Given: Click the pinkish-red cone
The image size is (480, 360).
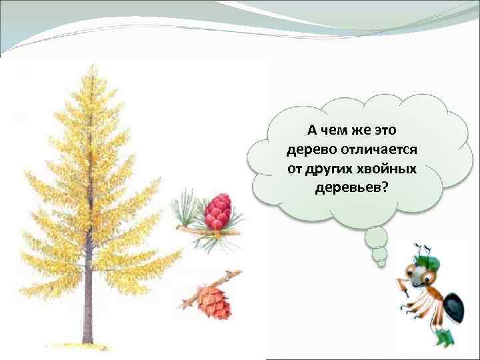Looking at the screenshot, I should click(217, 212).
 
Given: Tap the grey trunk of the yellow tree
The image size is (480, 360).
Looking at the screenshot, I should click(87, 293).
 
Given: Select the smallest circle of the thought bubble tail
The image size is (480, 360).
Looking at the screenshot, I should click(381, 263).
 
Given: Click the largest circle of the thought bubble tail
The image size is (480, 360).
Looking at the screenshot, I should click(376, 237).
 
